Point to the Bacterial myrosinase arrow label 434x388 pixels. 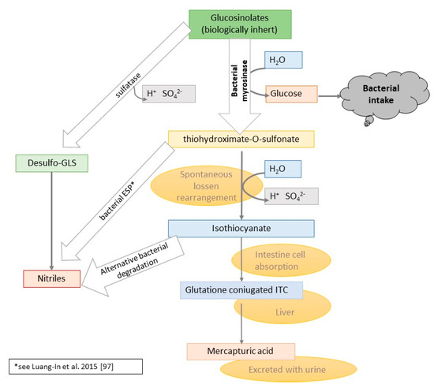(x=237, y=79)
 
